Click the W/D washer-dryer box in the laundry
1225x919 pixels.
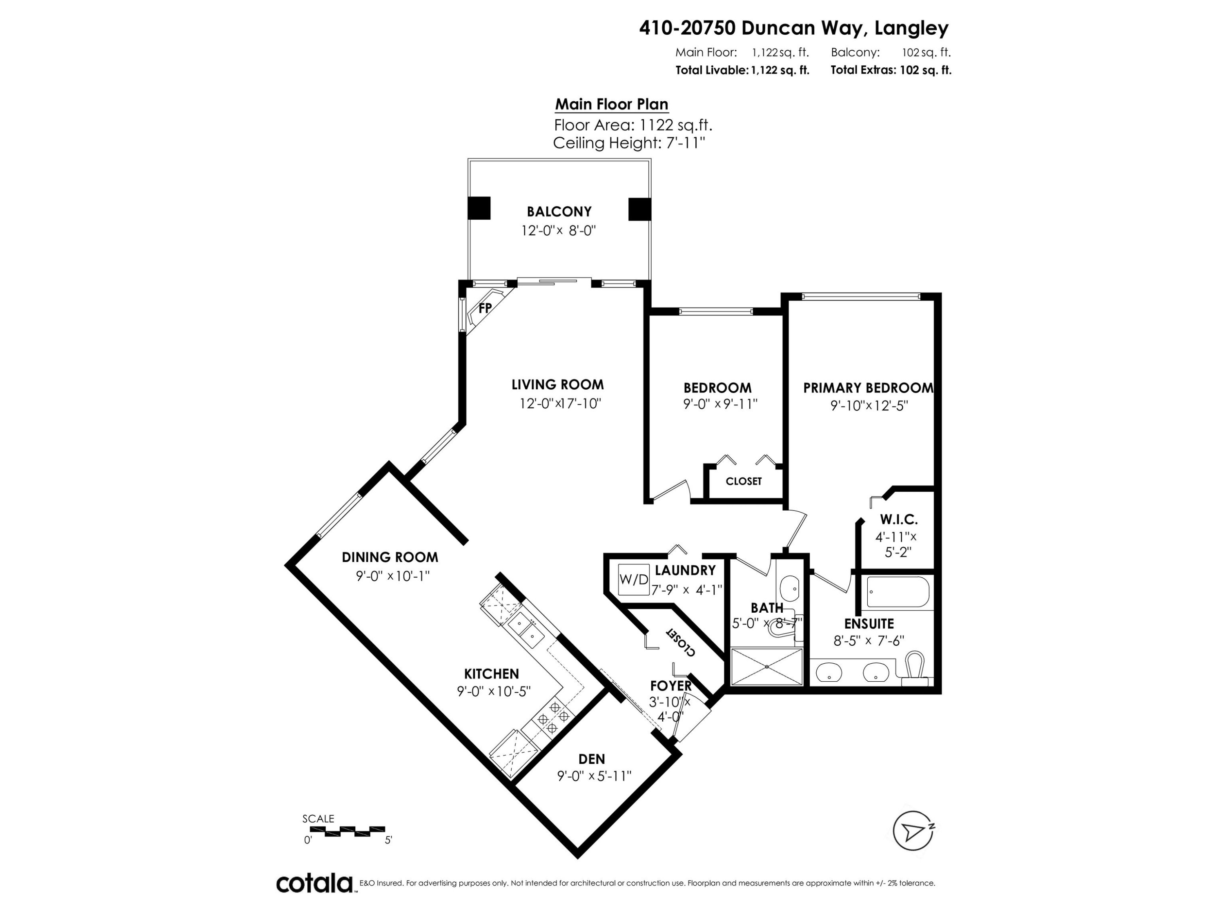[634, 580]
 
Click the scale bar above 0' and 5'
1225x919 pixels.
[347, 831]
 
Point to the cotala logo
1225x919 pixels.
[314, 883]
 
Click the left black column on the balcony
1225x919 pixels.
[479, 208]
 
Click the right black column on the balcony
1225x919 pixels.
[639, 209]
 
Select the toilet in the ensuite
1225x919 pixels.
[915, 665]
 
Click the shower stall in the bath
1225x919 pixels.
[766, 667]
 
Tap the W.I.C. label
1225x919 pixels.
[899, 520]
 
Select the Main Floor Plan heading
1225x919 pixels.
[611, 104]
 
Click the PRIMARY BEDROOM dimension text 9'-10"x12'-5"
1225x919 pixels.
[869, 406]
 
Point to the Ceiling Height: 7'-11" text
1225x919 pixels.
[628, 143]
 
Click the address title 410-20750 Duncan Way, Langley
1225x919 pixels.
[793, 28]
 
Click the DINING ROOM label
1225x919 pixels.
[390, 557]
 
